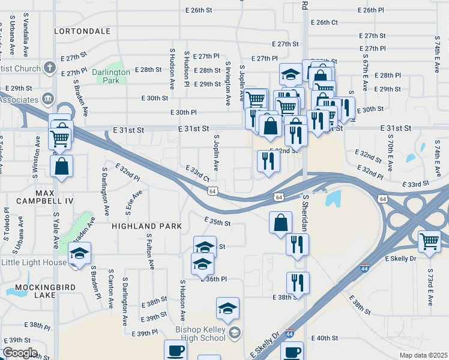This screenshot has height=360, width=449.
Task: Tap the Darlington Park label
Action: pyautogui.click(x=111, y=76)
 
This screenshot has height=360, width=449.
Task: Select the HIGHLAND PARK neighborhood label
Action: pyautogui.click(x=146, y=226)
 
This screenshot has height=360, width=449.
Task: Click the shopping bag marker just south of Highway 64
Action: pyautogui.click(x=280, y=222)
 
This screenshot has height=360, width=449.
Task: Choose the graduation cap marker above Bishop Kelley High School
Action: pyautogui.click(x=228, y=308)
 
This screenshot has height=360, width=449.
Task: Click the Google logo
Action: pyautogui.click(x=20, y=353)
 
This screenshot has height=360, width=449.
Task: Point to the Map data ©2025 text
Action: pyautogui.click(x=423, y=355)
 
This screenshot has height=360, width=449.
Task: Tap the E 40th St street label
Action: pyautogui.click(x=325, y=338)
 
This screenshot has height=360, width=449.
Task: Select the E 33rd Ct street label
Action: pyautogui.click(x=197, y=173)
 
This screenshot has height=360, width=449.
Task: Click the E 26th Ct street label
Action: pyautogui.click(x=327, y=22)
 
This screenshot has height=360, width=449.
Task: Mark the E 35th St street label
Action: pyautogui.click(x=217, y=223)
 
